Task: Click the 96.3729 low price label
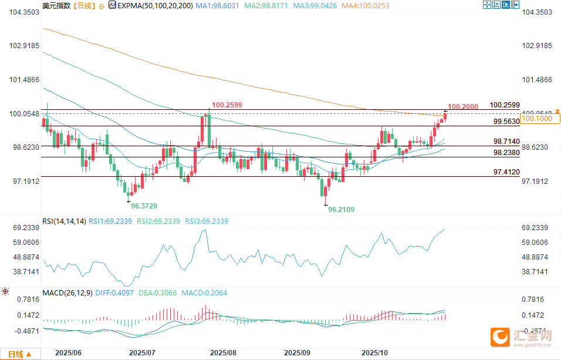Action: click(144, 206)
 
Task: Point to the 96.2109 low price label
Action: click(341, 209)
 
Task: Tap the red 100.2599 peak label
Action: click(227, 105)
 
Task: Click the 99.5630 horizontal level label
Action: click(506, 122)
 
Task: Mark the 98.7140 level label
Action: click(506, 142)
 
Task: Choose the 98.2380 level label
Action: click(506, 152)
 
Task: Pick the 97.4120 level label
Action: click(506, 172)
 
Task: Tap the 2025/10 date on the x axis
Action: click(376, 353)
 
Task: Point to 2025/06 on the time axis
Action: click(67, 353)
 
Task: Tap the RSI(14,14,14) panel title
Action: click(65, 221)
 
